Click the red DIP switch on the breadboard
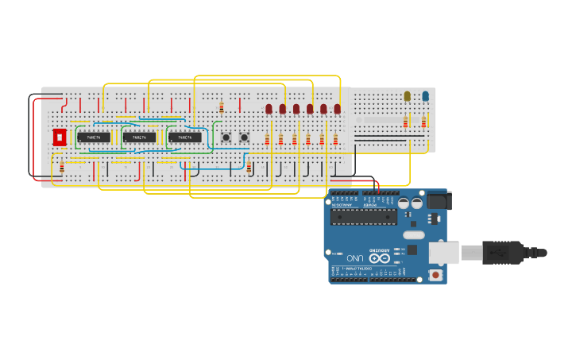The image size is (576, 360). (60, 137)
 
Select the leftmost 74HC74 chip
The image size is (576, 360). (94, 137)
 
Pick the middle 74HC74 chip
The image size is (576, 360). (139, 137)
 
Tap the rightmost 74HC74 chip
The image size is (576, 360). (184, 137)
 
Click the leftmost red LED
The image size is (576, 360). (269, 109)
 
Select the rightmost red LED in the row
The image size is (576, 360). (337, 109)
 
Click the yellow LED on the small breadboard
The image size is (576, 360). (407, 96)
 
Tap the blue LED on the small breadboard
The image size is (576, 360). (425, 96)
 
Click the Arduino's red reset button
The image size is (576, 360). (435, 275)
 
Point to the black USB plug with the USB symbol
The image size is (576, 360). (501, 252)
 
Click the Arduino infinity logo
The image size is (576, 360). (379, 258)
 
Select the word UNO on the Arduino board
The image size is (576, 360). (354, 259)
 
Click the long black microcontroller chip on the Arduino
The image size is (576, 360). (363, 216)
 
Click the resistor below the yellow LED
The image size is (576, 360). (406, 122)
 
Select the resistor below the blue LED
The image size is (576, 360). (424, 122)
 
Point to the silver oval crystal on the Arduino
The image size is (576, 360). (414, 234)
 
